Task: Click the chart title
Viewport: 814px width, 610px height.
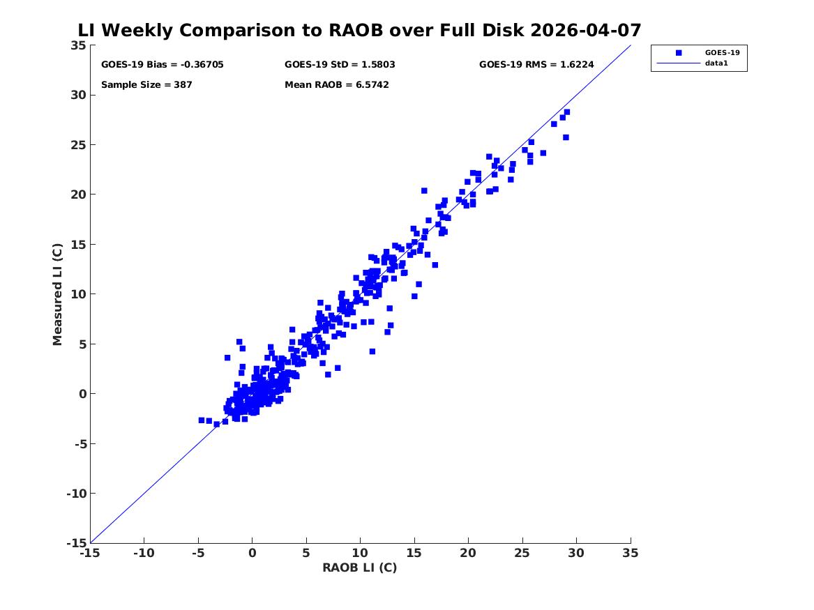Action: coord(359,30)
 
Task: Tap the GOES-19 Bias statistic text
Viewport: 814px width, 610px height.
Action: coord(162,64)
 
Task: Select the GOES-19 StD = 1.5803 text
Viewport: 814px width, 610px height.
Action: coord(340,64)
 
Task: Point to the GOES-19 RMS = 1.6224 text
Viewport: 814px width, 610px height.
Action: coord(536,64)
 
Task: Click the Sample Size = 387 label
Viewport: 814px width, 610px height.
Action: coord(146,84)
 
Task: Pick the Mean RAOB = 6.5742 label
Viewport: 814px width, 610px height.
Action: coord(336,84)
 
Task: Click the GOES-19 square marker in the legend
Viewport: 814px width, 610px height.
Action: coord(678,52)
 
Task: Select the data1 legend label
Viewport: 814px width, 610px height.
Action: coord(716,63)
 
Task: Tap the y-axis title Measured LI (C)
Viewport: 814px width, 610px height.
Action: coord(57,294)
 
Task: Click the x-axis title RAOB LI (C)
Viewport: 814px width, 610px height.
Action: coord(359,567)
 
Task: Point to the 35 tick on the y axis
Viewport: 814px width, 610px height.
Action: coord(78,45)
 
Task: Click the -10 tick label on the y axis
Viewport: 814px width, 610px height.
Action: coord(76,494)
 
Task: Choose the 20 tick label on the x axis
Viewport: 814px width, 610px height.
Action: coord(468,553)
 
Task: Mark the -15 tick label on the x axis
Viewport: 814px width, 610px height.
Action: coord(90,553)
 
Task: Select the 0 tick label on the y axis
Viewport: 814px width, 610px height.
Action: coord(82,394)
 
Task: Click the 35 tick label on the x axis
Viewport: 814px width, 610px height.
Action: coord(631,553)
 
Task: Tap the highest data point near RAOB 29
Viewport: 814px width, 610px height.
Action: coord(567,112)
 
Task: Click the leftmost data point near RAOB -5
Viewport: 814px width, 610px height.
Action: coord(202,420)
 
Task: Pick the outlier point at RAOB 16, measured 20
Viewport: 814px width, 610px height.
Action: coord(424,191)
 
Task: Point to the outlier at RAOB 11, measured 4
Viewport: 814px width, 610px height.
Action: coord(372,351)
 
